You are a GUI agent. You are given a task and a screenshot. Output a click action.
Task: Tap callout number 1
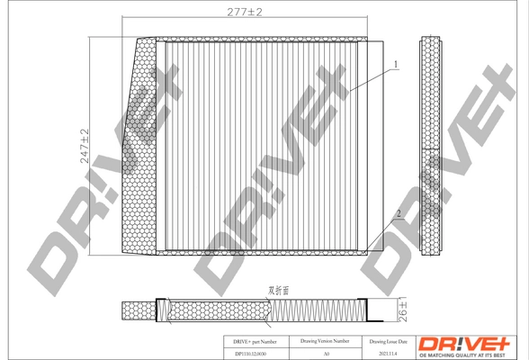(394, 64)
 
